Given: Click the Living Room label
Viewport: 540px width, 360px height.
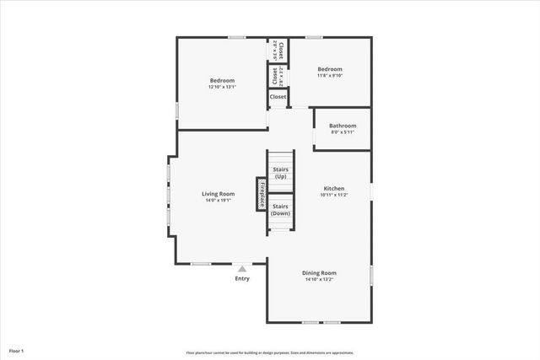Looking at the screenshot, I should coord(218,194).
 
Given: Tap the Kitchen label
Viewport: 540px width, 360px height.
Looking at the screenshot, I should coord(333,188).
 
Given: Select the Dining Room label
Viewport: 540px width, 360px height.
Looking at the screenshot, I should coord(320,272).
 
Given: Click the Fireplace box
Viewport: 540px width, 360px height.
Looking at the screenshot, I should coord(262,193).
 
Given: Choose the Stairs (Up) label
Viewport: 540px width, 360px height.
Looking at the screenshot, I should coord(281,173).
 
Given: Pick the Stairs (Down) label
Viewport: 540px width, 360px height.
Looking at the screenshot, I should coord(281,209).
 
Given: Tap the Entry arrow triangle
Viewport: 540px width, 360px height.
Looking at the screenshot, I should coord(242,269).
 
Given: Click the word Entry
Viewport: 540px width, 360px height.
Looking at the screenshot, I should coord(242,278).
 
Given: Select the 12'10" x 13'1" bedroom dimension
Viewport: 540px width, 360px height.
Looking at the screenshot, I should coord(222,87).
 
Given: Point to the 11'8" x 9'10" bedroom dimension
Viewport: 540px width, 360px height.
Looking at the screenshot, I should coord(330,75).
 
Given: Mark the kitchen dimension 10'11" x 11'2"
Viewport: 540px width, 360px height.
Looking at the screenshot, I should coord(333,195).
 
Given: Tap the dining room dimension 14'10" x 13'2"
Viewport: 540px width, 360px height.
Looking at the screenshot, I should coord(320,279).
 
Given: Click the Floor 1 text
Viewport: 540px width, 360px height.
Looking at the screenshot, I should coord(17,350).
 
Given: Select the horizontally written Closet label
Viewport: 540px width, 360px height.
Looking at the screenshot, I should coord(278,97).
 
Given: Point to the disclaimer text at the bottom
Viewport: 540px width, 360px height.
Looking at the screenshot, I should coord(270,352).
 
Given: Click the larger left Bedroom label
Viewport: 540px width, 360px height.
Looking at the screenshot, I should coord(222,81).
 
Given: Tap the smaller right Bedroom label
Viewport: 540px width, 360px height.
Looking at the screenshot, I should coord(330,69).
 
